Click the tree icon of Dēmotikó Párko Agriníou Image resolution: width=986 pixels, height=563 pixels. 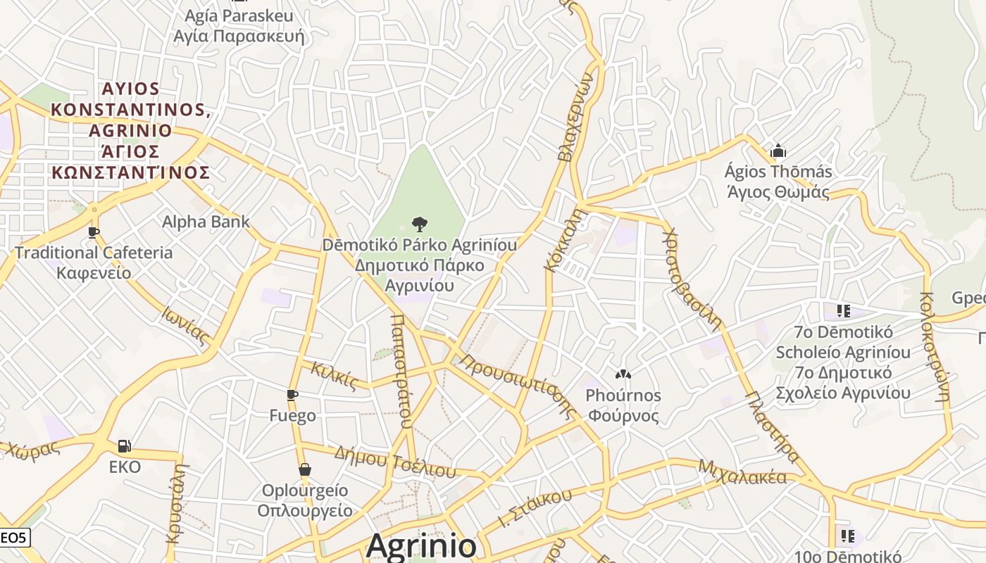(x=419, y=224)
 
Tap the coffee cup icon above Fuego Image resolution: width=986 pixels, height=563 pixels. (x=292, y=395)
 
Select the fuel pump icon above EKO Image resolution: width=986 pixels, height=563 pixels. (x=125, y=445)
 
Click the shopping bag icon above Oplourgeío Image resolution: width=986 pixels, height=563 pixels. (x=305, y=469)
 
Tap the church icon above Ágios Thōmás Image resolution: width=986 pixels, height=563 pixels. (x=778, y=151)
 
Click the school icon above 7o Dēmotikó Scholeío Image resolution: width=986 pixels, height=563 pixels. (x=843, y=310)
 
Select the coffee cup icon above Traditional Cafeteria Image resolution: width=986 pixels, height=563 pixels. (x=94, y=232)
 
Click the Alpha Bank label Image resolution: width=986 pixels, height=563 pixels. (x=206, y=222)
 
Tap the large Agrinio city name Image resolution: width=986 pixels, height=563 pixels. (x=421, y=546)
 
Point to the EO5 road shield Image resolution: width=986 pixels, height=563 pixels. (x=13, y=538)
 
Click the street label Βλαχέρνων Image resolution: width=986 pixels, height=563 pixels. (x=576, y=116)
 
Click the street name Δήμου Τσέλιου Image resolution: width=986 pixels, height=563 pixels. (x=394, y=461)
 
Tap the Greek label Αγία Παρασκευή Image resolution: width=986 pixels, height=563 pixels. (x=239, y=36)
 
